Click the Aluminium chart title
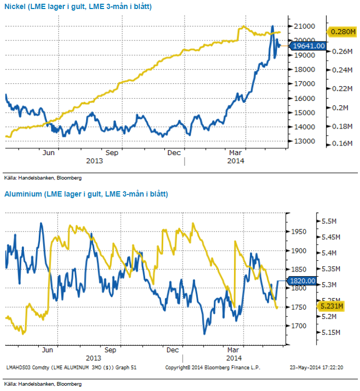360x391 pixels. pos(86,194)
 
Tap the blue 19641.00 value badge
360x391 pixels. pos(309,46)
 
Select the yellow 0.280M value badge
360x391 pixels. pos(342,32)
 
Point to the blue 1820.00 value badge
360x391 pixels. pos(302,280)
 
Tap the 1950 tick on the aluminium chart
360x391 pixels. pos(300,232)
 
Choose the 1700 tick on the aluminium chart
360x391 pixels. pos(300,326)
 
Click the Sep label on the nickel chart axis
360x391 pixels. pos(112,153)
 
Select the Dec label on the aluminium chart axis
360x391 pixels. pos(172,351)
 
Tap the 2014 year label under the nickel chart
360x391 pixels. pos(236,161)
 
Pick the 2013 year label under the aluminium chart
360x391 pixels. pos(94,358)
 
